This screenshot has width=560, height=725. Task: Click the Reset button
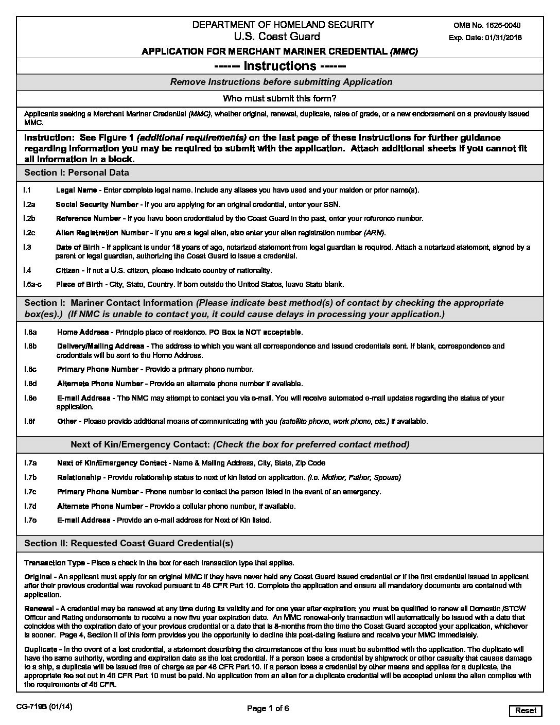(526, 711)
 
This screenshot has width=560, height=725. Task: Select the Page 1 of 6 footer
(268, 709)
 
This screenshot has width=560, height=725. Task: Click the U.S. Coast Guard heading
(276, 37)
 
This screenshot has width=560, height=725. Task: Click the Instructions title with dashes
(279, 66)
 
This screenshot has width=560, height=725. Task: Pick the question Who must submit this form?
(279, 98)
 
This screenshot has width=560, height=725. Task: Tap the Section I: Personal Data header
(77, 172)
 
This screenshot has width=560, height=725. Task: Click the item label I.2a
(29, 204)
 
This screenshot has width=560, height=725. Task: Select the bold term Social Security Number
(97, 204)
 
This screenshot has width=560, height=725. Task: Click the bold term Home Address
(83, 332)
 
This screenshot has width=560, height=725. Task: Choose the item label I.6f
(29, 421)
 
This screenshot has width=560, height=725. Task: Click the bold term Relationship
(79, 477)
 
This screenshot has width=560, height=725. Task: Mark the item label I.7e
(30, 520)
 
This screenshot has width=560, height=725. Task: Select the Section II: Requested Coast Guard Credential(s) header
(129, 543)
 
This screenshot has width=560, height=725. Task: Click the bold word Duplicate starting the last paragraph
(42, 649)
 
